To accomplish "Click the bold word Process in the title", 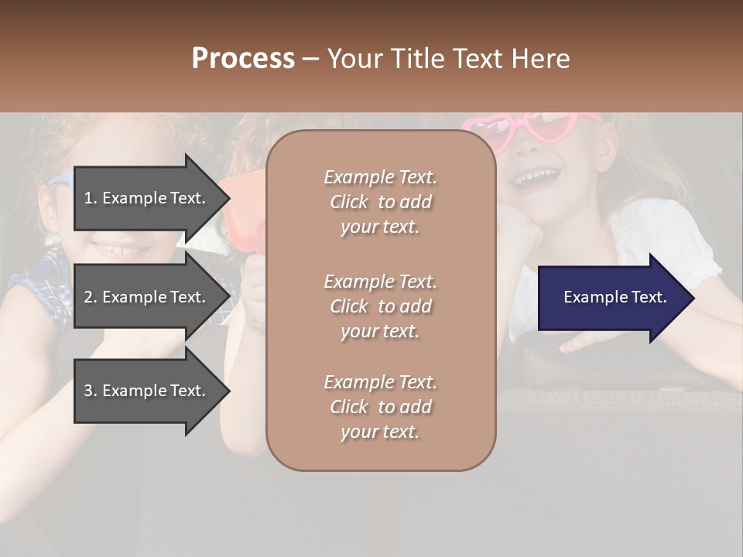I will pos(243,59).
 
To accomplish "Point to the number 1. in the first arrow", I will pos(91,198).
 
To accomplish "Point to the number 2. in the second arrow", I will pos(91,297).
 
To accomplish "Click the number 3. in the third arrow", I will pos(91,391).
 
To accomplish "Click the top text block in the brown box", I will pos(380,202).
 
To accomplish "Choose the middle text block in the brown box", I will pos(380,306).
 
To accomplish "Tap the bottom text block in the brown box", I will pos(380,407).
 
